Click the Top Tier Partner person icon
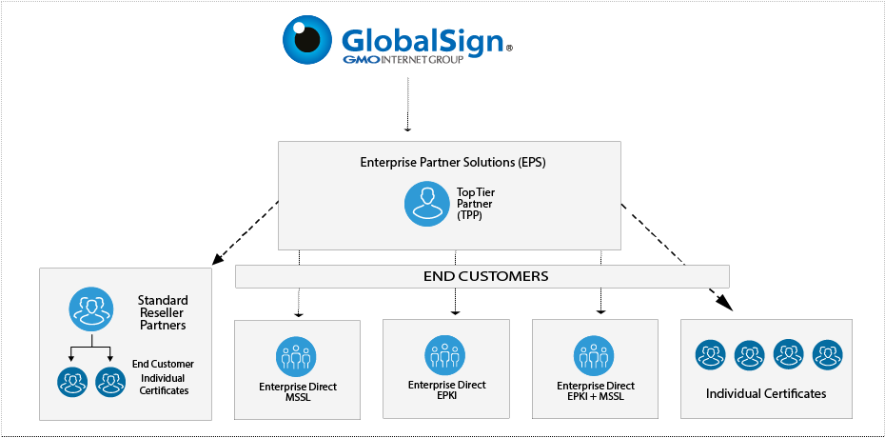(425, 205)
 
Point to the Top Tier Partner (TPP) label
(476, 205)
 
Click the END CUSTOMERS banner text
(485, 276)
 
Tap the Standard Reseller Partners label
(163, 312)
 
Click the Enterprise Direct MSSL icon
(297, 356)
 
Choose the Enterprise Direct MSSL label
(297, 392)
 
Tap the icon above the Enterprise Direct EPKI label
(445, 354)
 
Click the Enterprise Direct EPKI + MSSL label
(595, 390)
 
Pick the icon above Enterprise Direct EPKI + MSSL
(595, 355)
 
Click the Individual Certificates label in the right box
(766, 393)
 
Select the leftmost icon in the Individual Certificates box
(710, 355)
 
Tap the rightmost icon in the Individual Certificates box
(827, 355)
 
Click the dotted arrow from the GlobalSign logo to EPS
(407, 105)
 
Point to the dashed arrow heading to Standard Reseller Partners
(246, 231)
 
